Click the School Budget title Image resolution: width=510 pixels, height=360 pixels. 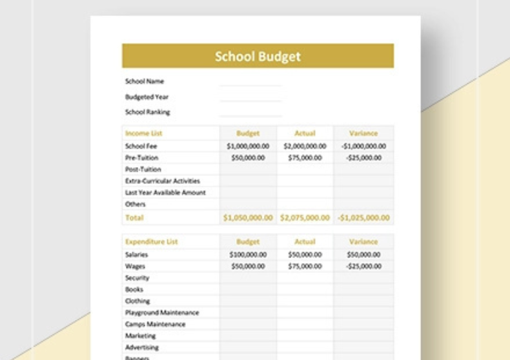pyautogui.click(x=258, y=56)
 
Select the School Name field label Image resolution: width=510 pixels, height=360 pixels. pyautogui.click(x=145, y=81)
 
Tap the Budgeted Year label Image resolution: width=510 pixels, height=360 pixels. pyautogui.click(x=147, y=97)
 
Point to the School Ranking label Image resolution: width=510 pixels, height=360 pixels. pyautogui.click(x=147, y=112)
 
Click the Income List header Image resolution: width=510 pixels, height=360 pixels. pyautogui.click(x=143, y=134)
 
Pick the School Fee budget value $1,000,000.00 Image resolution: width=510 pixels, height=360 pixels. pyautogui.click(x=248, y=146)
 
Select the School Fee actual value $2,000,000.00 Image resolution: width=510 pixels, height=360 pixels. pyautogui.click(x=305, y=146)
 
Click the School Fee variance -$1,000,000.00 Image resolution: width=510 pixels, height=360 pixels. pyautogui.click(x=363, y=146)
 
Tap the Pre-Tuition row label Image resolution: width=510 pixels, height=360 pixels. pyautogui.click(x=141, y=158)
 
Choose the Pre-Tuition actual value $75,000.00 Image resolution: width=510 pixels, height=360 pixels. pyautogui.click(x=305, y=158)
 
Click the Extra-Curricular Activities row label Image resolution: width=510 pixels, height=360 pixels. pyautogui.click(x=163, y=181)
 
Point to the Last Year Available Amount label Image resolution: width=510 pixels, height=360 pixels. pyautogui.click(x=165, y=193)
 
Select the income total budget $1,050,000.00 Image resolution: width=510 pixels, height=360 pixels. pyautogui.click(x=248, y=218)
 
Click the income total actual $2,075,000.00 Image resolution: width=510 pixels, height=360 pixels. pyautogui.click(x=305, y=218)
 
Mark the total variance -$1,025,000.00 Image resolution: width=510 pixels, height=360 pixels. pyautogui.click(x=363, y=218)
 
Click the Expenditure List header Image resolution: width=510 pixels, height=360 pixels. pyautogui.click(x=151, y=242)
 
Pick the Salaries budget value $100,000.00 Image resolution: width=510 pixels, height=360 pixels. pyautogui.click(x=248, y=255)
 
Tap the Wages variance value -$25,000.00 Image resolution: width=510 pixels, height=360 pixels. pyautogui.click(x=363, y=266)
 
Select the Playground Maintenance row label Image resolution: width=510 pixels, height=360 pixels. pyautogui.click(x=162, y=313)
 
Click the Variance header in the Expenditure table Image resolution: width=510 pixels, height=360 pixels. pyautogui.click(x=363, y=242)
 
